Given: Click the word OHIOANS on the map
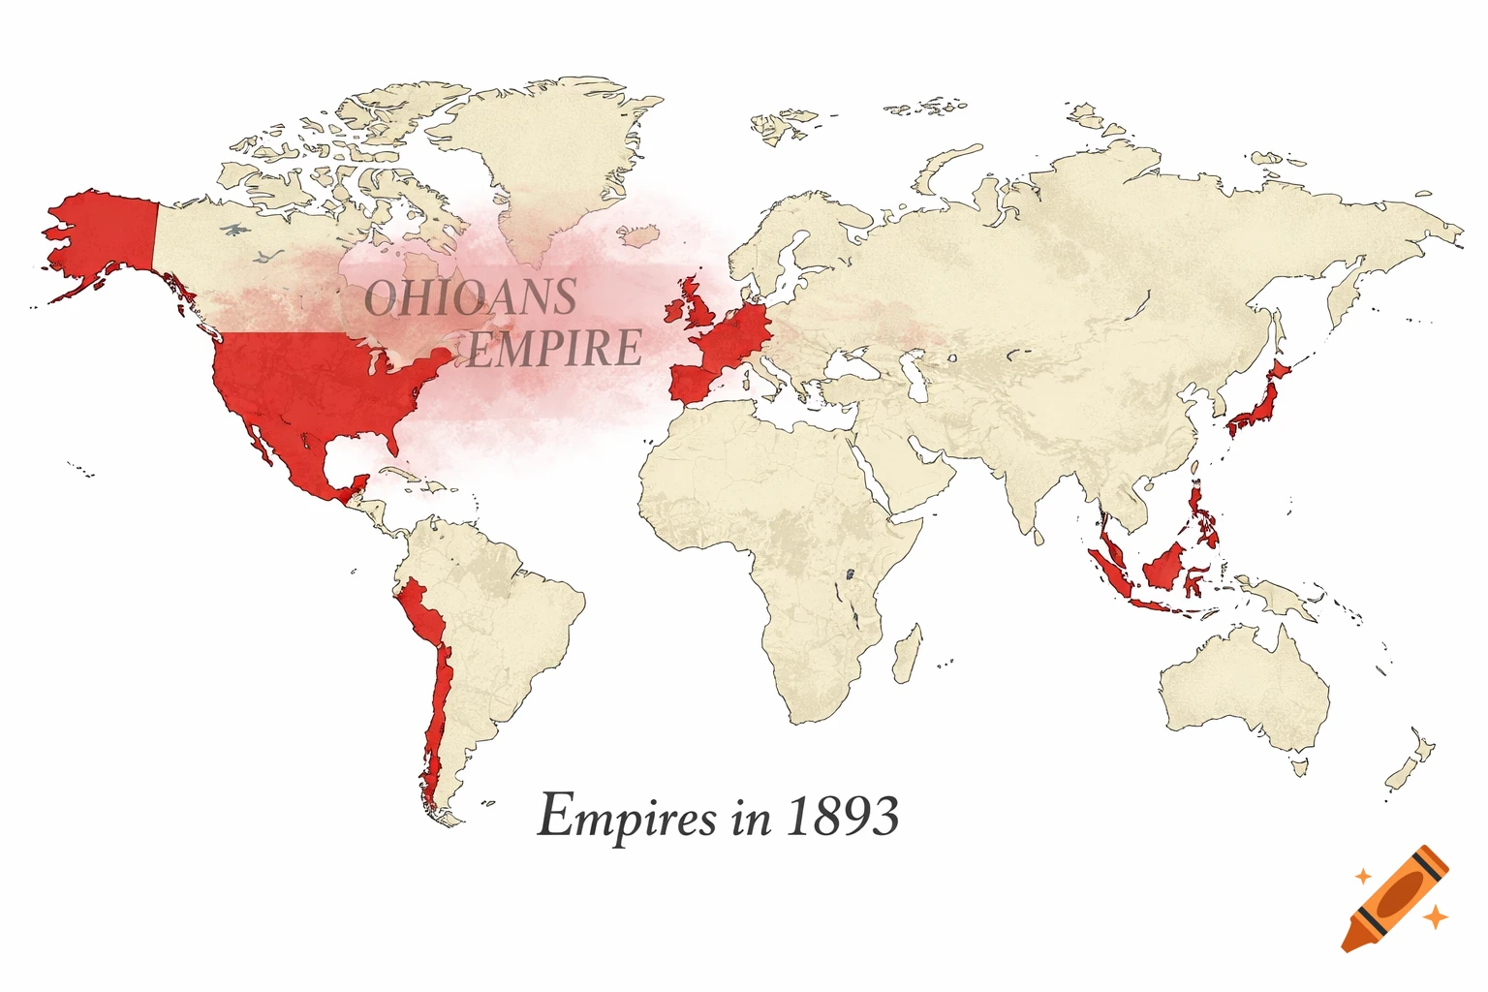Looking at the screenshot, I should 471,297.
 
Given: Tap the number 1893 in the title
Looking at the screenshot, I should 842,816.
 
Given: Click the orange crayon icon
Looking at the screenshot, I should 1396,897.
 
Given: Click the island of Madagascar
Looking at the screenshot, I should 906,652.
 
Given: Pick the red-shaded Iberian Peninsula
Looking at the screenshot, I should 693,382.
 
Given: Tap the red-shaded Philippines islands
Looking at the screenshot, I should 1203,518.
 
